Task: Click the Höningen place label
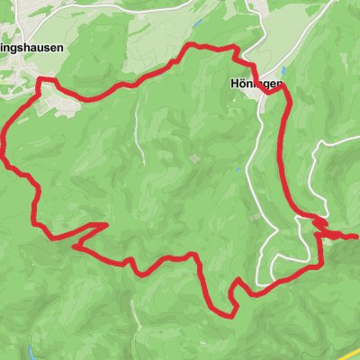pos(250,84)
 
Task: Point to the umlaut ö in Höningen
pos(230,84)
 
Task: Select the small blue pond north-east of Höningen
pos(284,71)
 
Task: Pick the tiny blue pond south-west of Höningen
pos(240,167)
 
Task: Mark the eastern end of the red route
pos(356,236)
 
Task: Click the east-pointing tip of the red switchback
pos(107,224)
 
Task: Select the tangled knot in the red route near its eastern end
pos(320,221)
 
